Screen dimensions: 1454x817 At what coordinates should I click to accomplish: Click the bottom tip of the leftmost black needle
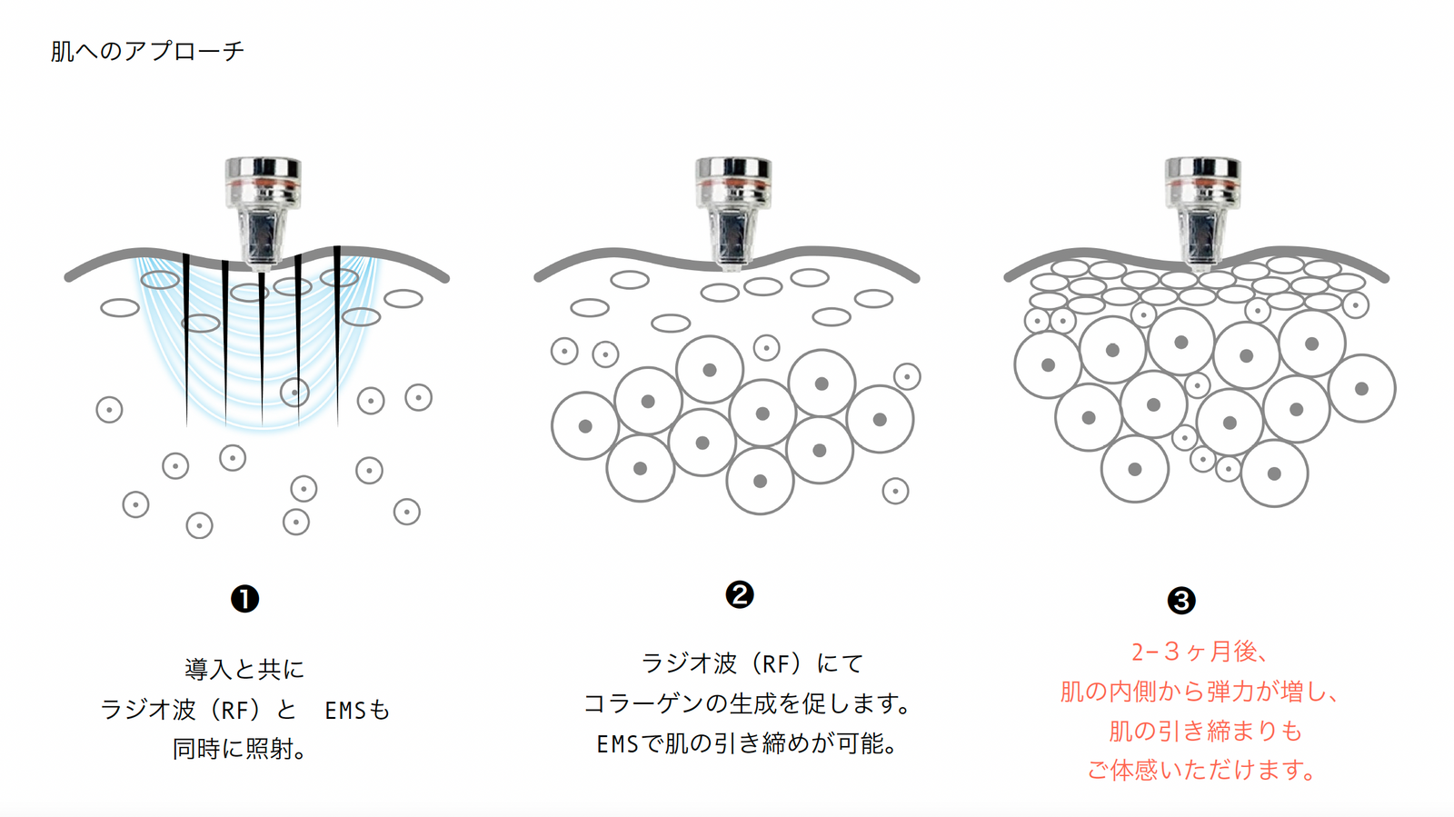point(186,426)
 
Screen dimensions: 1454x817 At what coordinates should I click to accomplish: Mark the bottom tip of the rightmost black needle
point(337,426)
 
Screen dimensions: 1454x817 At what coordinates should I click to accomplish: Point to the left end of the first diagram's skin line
point(67,278)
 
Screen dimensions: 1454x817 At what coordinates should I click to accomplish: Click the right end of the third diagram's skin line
point(1386,278)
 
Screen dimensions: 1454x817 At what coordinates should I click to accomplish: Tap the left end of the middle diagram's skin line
point(537,278)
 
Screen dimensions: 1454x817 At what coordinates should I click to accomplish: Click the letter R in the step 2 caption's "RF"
point(769,663)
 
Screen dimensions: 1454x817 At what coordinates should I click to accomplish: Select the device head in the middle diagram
point(732,213)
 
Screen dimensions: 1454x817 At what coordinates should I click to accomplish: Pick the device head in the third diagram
point(1203,213)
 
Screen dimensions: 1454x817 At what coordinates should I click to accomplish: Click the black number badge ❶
point(244,599)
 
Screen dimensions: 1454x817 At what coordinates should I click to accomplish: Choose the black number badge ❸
point(1181,601)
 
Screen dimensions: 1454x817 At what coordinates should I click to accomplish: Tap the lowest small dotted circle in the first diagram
point(199,525)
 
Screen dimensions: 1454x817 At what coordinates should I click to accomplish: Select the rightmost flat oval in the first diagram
point(403,298)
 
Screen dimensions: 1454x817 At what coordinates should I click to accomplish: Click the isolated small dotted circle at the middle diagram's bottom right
point(895,492)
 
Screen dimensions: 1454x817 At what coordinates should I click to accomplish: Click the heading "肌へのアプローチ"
point(147,51)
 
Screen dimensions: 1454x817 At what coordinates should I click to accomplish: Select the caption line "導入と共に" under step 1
point(244,669)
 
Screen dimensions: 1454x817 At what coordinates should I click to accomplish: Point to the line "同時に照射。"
point(239,749)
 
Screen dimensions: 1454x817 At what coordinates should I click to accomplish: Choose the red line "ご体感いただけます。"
point(1200,771)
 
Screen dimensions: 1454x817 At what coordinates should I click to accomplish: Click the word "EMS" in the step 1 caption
point(346,711)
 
